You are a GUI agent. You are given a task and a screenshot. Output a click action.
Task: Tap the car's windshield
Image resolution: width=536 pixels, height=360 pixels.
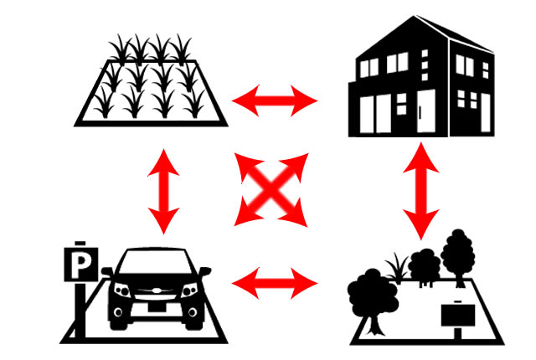(x=156, y=262)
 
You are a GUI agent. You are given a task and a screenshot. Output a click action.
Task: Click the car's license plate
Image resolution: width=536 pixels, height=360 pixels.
(x=157, y=307)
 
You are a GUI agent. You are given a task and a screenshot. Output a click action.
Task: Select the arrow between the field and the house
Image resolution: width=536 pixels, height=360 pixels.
(x=275, y=100)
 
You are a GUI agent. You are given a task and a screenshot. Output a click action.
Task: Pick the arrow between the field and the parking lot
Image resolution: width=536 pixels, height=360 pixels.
(x=164, y=192)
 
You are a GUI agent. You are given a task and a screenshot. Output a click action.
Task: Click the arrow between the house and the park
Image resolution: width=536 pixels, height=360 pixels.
(x=420, y=191)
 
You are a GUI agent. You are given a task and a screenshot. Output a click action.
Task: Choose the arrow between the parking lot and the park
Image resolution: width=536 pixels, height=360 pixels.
(x=275, y=283)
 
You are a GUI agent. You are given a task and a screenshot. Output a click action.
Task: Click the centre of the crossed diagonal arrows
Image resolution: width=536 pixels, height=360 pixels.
(x=271, y=189)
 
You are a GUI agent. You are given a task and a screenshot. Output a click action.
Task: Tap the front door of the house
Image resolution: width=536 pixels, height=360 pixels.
(x=426, y=111)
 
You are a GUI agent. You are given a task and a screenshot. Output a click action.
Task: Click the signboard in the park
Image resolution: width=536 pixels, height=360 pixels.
(x=458, y=316)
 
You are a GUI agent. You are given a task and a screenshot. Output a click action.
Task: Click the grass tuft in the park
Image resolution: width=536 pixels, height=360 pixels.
(x=397, y=268)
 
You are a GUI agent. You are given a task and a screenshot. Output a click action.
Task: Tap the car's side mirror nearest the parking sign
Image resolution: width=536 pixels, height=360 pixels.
(x=108, y=272)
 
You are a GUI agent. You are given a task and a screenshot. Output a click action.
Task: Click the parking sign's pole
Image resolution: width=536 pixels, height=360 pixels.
(x=80, y=310)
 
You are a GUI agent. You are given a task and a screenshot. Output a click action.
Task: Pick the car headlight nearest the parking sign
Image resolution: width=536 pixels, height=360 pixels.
(x=123, y=291)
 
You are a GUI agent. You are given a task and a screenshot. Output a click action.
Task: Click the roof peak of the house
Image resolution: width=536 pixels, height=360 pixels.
(x=415, y=16)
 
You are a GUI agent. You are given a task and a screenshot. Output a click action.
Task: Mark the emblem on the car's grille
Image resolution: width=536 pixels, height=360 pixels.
(x=157, y=291)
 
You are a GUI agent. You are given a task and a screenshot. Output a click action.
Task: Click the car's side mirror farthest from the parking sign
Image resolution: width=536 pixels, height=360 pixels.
(x=205, y=271)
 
